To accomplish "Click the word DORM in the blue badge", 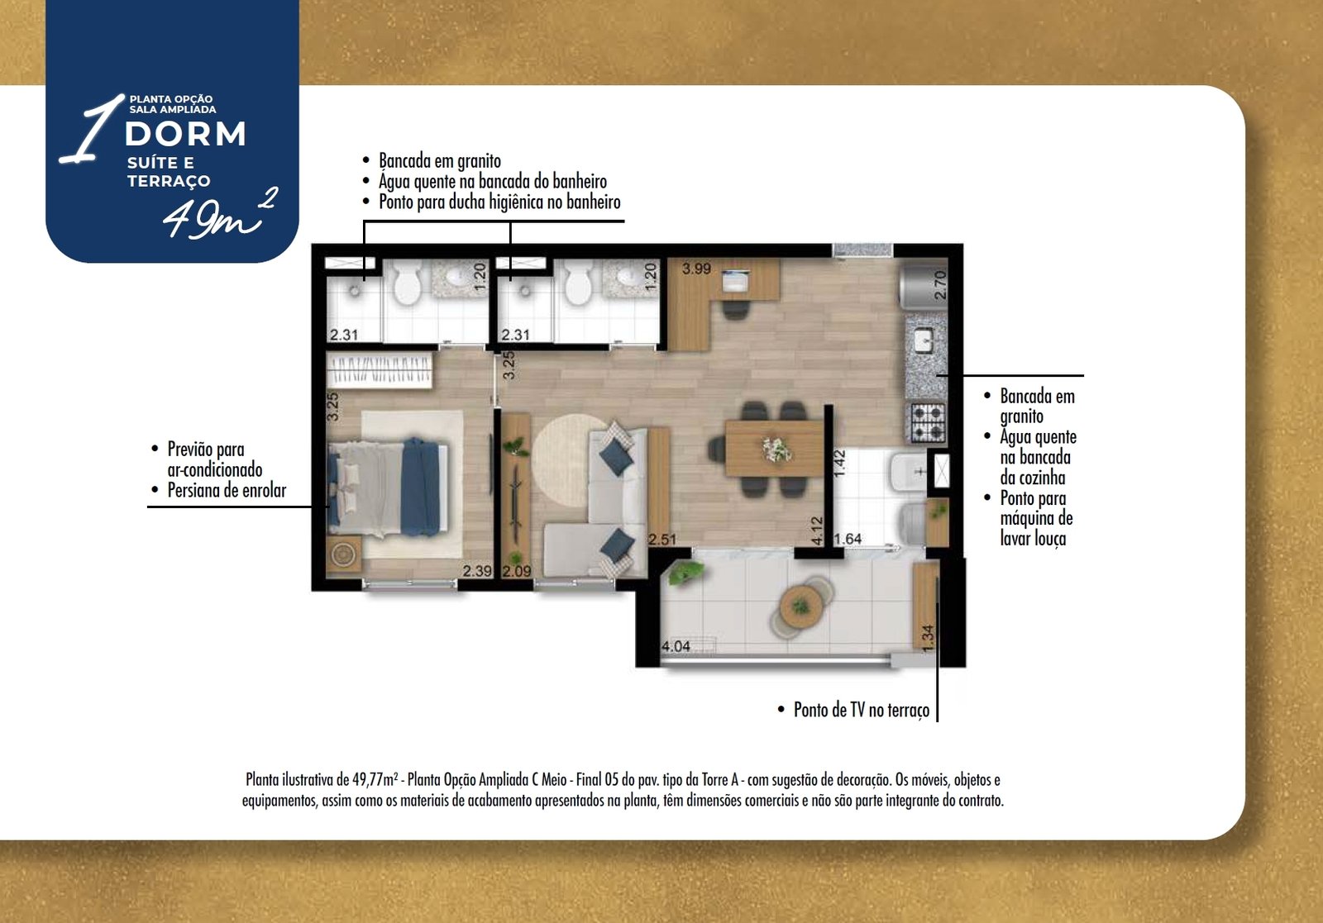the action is coord(185,134).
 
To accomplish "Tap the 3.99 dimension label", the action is coord(696,269).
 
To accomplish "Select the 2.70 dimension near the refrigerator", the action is coord(940,284).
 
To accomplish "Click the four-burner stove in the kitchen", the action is coord(928,422).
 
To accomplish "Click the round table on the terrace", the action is coord(800,606).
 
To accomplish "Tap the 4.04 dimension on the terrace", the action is coord(676,646).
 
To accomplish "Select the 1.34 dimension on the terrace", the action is coord(927,638).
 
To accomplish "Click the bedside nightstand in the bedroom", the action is coord(343,554).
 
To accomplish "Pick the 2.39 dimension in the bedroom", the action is coord(476,571).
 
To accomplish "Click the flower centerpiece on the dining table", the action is coord(776,450).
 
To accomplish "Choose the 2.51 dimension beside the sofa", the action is coord(662,540).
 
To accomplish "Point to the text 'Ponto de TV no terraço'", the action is coord(861,710).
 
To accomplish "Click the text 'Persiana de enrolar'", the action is coord(227,490).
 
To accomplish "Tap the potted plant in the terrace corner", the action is coord(685,573).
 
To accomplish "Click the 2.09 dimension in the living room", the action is coord(516,571).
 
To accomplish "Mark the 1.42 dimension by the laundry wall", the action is coord(840,463).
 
